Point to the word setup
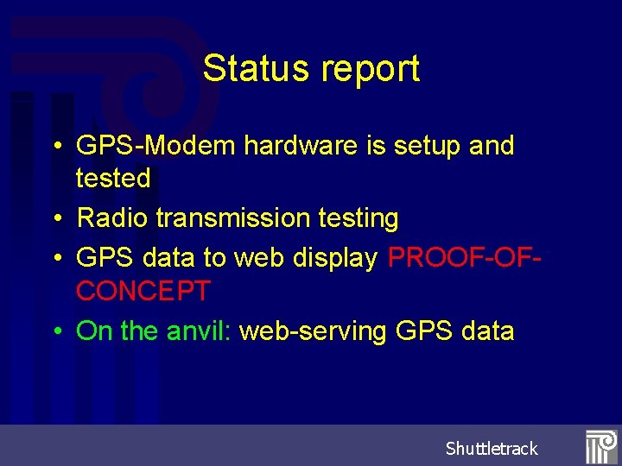coord(423,146)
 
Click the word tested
coord(113,179)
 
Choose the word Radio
coord(112,218)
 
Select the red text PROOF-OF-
coord(458,258)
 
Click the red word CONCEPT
coord(143,291)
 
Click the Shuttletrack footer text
coord(491,449)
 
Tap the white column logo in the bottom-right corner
coord(600,446)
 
